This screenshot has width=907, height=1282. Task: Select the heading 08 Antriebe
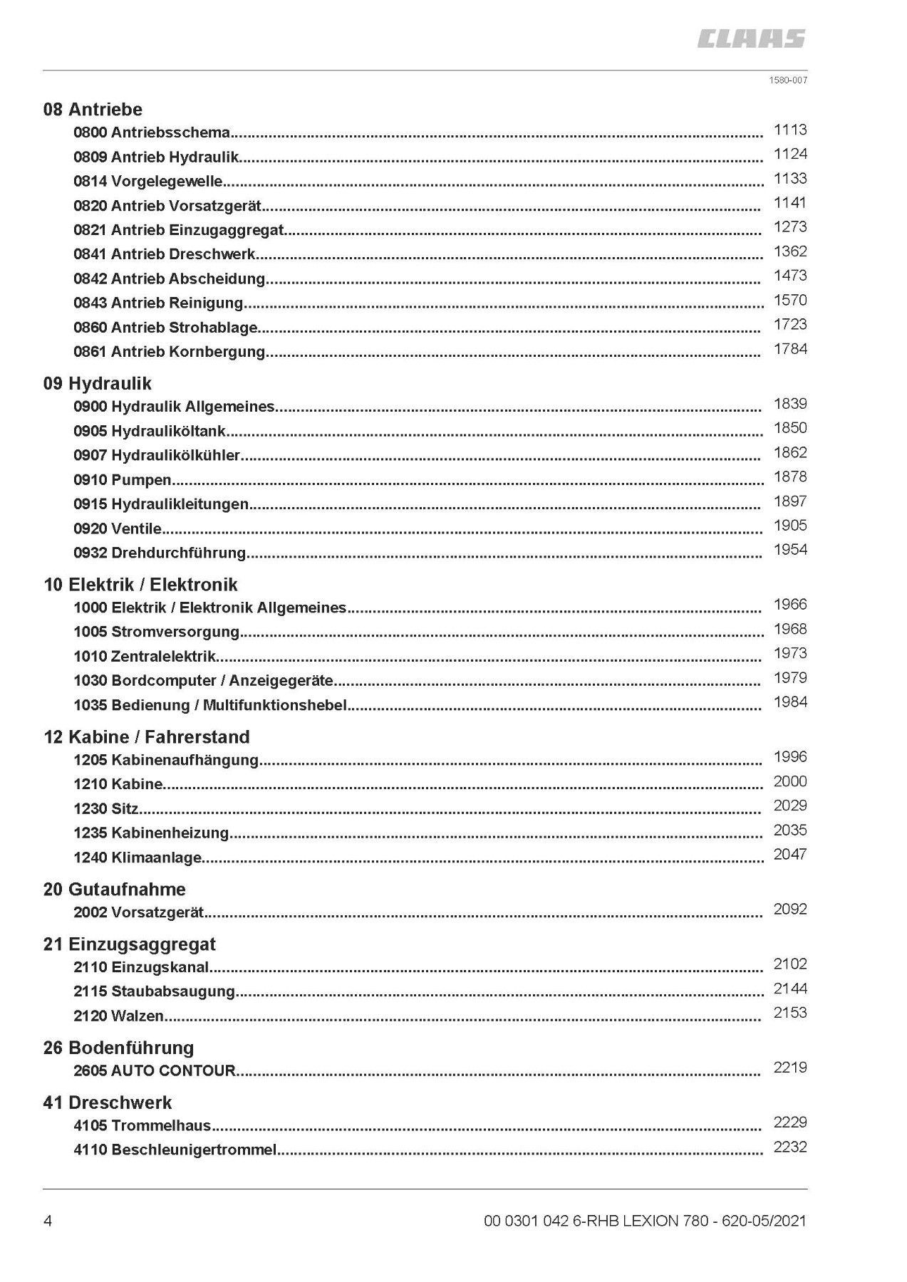tap(93, 110)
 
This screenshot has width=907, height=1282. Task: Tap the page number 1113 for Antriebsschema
tap(790, 130)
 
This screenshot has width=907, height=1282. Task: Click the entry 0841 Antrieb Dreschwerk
tap(165, 254)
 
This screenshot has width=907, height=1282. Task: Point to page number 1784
tap(790, 349)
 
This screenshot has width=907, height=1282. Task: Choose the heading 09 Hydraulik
tap(98, 384)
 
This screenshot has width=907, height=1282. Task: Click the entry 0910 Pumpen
tap(123, 480)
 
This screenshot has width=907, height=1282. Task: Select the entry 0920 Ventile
tap(118, 528)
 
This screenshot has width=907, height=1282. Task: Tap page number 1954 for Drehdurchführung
tap(790, 549)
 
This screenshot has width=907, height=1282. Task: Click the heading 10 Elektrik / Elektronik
tap(140, 585)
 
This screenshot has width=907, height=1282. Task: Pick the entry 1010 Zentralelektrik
tap(145, 656)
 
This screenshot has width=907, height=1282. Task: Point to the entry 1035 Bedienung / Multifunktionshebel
tap(210, 705)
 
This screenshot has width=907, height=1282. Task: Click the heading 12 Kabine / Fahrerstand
tap(147, 737)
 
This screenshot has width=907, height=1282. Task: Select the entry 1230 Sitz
tap(106, 808)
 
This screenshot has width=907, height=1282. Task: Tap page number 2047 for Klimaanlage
tap(790, 854)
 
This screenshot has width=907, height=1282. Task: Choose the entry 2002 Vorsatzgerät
tap(139, 912)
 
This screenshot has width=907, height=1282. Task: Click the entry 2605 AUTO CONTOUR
tap(155, 1070)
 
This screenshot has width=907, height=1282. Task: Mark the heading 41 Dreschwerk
tap(108, 1103)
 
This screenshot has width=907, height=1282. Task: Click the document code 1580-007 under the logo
tap(787, 80)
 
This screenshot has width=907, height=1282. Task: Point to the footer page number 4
tap(48, 1221)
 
